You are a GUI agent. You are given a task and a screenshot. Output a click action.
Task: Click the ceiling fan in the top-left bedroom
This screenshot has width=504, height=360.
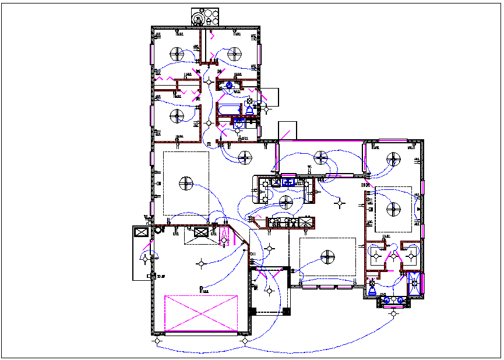coord(178,54)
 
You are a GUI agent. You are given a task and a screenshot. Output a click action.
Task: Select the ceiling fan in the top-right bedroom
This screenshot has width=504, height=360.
coord(234,54)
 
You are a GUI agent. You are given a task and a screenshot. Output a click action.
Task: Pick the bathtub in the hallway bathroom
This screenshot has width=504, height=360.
coord(228,109)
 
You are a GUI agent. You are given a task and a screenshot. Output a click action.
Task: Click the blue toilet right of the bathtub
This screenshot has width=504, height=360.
coord(249,110)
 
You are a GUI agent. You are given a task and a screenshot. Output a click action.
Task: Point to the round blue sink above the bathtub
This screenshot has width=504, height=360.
coord(229,86)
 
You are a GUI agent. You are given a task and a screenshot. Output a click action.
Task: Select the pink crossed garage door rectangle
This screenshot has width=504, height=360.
coord(201,314)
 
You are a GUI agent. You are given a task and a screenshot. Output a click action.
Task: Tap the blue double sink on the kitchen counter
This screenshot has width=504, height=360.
coord(288,182)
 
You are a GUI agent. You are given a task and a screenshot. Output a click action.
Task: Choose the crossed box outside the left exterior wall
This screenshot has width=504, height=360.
coord(140,232)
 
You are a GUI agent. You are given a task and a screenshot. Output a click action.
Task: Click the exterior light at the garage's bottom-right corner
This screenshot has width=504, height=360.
coord(245,341)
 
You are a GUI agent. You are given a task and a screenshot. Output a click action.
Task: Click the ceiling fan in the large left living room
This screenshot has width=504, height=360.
coord(185,183)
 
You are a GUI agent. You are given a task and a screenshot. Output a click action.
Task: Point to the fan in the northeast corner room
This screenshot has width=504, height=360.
coord(394,158)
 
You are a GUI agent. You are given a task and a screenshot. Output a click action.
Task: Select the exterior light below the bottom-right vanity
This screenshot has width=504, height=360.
coord(394,314)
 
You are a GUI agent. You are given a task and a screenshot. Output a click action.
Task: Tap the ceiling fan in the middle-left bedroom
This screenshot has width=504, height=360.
coord(178,115)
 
